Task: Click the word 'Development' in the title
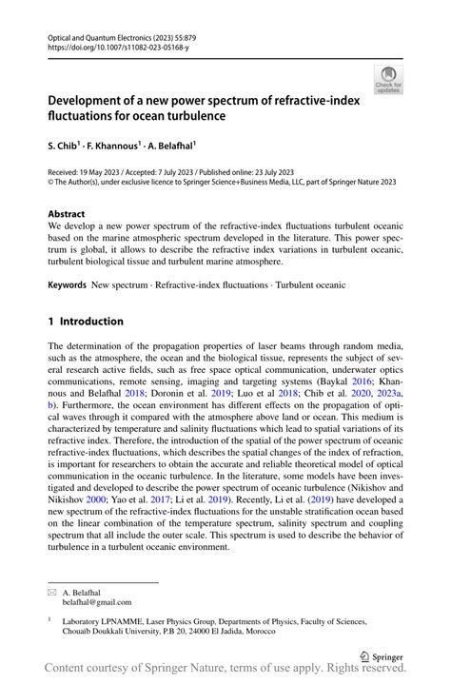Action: pos(90,100)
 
